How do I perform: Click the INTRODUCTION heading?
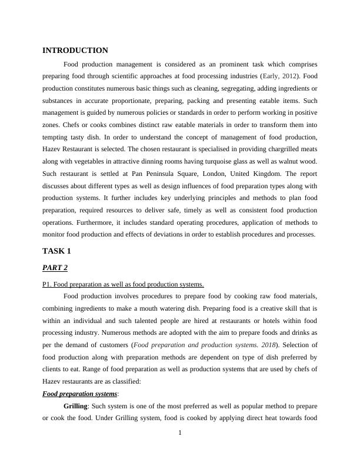tap(75, 51)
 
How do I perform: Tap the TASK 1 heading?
tap(56, 251)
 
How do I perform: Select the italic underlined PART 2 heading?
tap(55, 268)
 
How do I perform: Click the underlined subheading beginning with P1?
tap(123, 284)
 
